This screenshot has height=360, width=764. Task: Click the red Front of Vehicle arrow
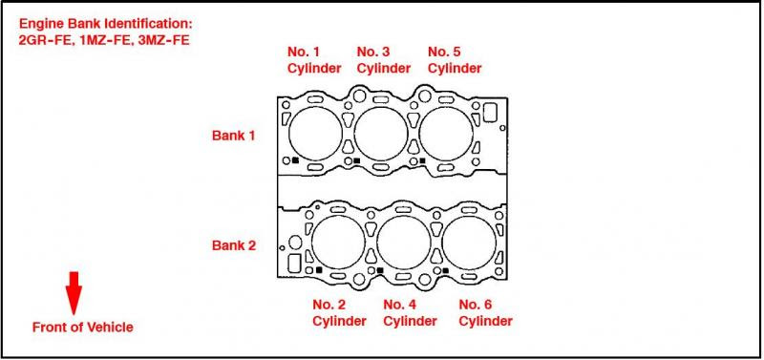click(x=74, y=293)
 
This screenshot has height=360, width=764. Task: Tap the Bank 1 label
click(x=233, y=136)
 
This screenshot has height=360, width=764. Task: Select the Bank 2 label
click(x=233, y=245)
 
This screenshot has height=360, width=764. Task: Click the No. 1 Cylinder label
click(x=314, y=60)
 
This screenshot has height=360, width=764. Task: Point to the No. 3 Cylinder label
click(x=384, y=60)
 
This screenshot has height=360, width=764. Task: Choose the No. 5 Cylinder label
click(x=455, y=60)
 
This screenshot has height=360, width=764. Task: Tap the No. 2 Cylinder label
click(x=339, y=313)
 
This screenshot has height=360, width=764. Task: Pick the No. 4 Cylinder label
click(x=410, y=313)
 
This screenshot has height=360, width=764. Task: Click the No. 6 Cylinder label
click(x=485, y=313)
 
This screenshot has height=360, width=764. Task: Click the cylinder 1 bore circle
click(x=289, y=133)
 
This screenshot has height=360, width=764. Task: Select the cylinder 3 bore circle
click(x=354, y=133)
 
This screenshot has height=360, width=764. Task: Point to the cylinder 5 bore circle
click(x=419, y=133)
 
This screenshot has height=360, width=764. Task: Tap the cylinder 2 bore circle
click(x=312, y=243)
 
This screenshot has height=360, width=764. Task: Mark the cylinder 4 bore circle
click(x=377, y=243)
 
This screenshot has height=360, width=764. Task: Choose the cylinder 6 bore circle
click(x=442, y=243)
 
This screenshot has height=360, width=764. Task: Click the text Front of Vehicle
click(x=82, y=328)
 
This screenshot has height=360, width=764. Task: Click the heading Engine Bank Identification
click(x=106, y=23)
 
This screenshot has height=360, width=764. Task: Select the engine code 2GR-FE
click(x=44, y=40)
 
